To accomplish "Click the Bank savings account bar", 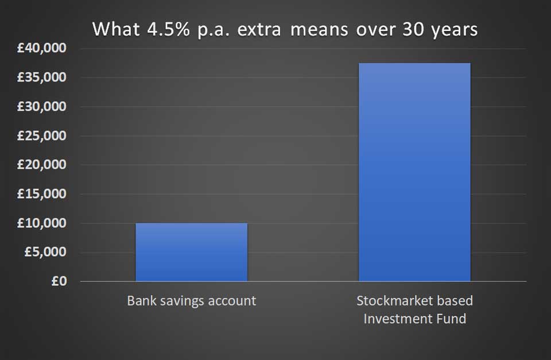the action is pyautogui.click(x=192, y=252).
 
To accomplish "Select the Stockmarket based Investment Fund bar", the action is pyautogui.click(x=414, y=172).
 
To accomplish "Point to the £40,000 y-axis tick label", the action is pyautogui.click(x=41, y=48).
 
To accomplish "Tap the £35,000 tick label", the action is pyautogui.click(x=41, y=77).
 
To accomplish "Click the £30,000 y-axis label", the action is pyautogui.click(x=41, y=106).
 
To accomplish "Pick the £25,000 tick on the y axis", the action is pyautogui.click(x=41, y=136).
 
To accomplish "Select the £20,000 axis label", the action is pyautogui.click(x=41, y=164).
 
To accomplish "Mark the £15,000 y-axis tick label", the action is pyautogui.click(x=41, y=193).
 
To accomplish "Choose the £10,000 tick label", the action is pyautogui.click(x=41, y=223).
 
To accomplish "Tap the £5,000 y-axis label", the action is pyautogui.click(x=45, y=251).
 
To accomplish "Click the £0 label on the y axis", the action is pyautogui.click(x=59, y=281).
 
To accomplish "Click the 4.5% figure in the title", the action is pyautogui.click(x=168, y=29).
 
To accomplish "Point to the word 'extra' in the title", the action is pyautogui.click(x=259, y=29).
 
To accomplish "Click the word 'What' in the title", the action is pyautogui.click(x=116, y=29).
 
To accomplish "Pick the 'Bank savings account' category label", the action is pyautogui.click(x=192, y=301).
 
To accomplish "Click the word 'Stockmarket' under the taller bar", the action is pyautogui.click(x=394, y=301).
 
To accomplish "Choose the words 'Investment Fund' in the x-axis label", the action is pyautogui.click(x=414, y=319).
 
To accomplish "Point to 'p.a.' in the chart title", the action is pyautogui.click(x=214, y=30).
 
